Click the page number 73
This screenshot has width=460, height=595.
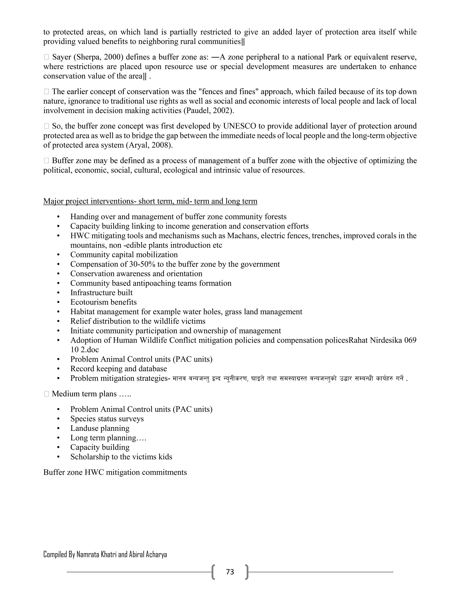pos(230,572)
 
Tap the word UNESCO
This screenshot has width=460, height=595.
pos(239,126)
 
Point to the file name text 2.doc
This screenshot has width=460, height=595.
pos(90,350)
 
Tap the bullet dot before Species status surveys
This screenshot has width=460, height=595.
pos(58,419)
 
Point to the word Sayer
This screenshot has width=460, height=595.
pos(62,57)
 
